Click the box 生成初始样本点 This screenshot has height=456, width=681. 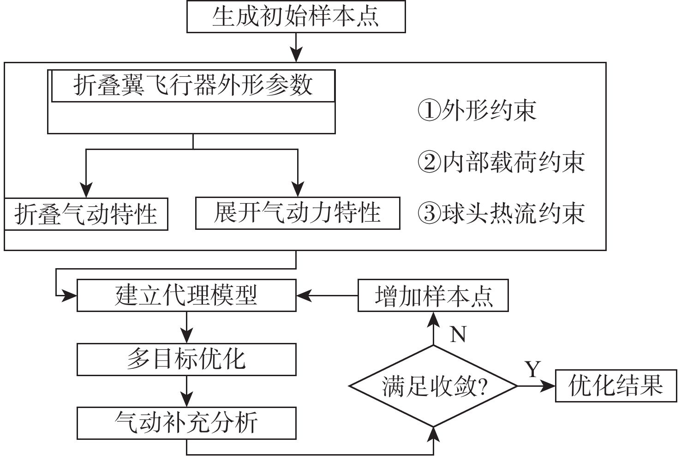pyautogui.click(x=296, y=17)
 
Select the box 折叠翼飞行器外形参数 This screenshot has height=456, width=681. pyautogui.click(x=193, y=86)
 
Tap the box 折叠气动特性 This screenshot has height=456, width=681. pyautogui.click(x=86, y=215)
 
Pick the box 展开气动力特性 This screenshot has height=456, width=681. pyautogui.click(x=298, y=213)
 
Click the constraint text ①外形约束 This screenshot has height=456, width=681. pyautogui.click(x=477, y=111)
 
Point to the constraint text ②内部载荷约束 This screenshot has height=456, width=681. pyautogui.click(x=501, y=162)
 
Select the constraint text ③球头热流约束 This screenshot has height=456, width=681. pyautogui.click(x=501, y=214)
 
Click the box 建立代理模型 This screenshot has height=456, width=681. pyautogui.click(x=186, y=295)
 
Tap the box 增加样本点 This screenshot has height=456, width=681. pyautogui.click(x=433, y=295)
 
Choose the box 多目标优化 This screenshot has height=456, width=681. pyautogui.click(x=186, y=359)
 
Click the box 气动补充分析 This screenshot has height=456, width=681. pyautogui.click(x=186, y=423)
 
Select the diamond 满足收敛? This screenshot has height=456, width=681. pyautogui.click(x=433, y=386)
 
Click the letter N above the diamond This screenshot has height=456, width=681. pyautogui.click(x=458, y=334)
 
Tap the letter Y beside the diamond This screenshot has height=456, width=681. pyautogui.click(x=533, y=369)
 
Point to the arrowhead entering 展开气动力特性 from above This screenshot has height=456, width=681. pyautogui.click(x=298, y=189)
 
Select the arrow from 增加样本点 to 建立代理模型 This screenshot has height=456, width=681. pyautogui.click(x=328, y=295)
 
